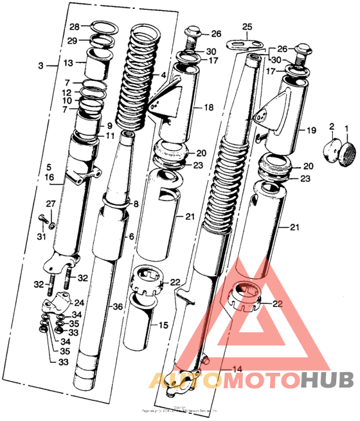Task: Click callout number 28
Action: [74, 27]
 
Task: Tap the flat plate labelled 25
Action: [246, 44]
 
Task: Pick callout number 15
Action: [163, 325]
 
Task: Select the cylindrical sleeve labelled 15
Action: [139, 318]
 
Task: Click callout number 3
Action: [42, 66]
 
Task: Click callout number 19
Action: [311, 130]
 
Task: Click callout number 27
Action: [52, 204]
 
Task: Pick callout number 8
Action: [135, 204]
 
